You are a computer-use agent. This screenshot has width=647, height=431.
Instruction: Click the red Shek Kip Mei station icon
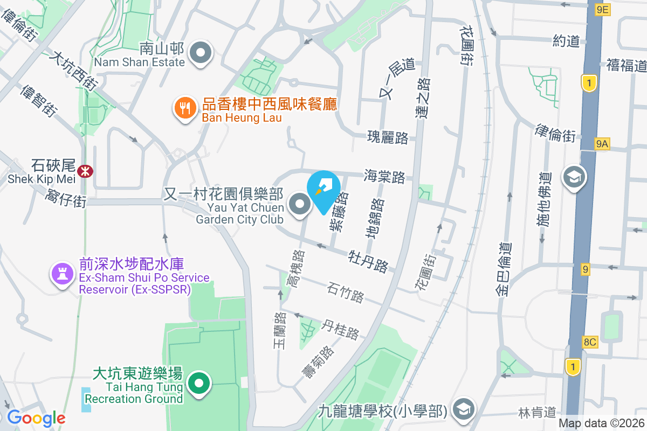[84, 171]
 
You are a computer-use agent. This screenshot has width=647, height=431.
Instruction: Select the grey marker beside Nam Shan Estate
[202, 53]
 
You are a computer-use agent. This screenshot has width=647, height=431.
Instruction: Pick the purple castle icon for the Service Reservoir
[62, 274]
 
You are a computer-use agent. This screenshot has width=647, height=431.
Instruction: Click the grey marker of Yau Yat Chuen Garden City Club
[299, 205]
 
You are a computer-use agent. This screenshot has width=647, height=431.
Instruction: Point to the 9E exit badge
[602, 9]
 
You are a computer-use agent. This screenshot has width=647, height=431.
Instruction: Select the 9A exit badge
[602, 143]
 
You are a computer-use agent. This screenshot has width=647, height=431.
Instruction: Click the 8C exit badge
[590, 342]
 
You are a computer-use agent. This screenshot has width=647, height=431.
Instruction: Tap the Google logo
[36, 418]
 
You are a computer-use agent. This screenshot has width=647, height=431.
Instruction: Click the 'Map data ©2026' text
[601, 423]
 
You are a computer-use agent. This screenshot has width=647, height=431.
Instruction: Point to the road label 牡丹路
[369, 260]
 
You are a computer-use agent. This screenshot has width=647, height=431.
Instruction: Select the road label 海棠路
[384, 176]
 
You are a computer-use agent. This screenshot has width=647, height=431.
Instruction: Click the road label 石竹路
[346, 292]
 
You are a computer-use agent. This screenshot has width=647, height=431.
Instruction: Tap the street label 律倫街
[556, 132]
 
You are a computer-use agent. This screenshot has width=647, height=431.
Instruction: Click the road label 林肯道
[537, 413]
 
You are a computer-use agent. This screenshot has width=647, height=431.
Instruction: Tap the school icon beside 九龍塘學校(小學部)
[463, 410]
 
